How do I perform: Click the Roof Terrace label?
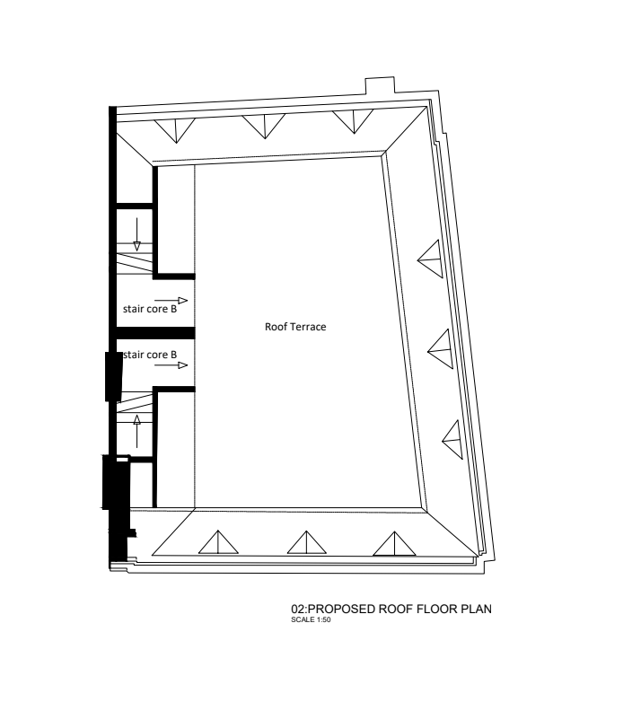point(295,327)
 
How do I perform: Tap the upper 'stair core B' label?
point(150,309)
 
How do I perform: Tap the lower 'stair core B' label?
point(150,355)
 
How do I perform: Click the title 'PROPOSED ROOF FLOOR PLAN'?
point(400,609)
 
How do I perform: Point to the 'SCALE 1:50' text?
point(311,619)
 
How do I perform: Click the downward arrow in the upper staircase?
point(136,234)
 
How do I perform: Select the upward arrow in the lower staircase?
point(136,431)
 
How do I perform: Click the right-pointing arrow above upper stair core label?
point(171,300)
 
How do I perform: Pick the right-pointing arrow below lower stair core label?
point(171,365)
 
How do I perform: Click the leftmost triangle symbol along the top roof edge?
point(175,129)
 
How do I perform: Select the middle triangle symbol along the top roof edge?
point(264,125)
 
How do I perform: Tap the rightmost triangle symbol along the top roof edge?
point(354,120)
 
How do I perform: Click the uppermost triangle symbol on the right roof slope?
point(431,259)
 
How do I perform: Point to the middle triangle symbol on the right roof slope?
point(442,348)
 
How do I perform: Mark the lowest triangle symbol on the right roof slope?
point(453,439)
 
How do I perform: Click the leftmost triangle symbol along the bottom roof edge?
point(218,544)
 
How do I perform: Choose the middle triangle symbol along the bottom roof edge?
point(306,544)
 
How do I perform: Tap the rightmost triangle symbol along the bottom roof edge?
point(394,545)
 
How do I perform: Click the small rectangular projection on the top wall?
point(380,85)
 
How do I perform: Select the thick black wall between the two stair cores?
point(155,333)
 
